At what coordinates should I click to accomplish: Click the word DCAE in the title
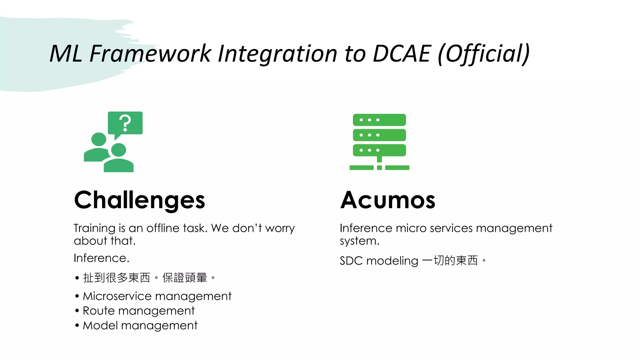402,53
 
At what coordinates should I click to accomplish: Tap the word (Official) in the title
483,54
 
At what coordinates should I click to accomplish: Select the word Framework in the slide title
150,53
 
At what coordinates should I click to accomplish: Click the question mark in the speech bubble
125,123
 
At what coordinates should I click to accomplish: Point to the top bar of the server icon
379,120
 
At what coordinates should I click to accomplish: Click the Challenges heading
139,200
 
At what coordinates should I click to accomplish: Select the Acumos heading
387,200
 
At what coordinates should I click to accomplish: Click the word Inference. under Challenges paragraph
101,258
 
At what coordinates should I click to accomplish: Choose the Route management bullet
138,311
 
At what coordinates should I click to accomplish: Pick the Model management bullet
140,325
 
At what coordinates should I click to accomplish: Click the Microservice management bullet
157,296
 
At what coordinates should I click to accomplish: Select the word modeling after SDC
392,261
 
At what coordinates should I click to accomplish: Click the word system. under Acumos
359,241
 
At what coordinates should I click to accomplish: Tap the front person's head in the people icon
118,150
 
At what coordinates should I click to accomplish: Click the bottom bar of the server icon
379,150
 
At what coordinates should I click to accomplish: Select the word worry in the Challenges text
280,228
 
